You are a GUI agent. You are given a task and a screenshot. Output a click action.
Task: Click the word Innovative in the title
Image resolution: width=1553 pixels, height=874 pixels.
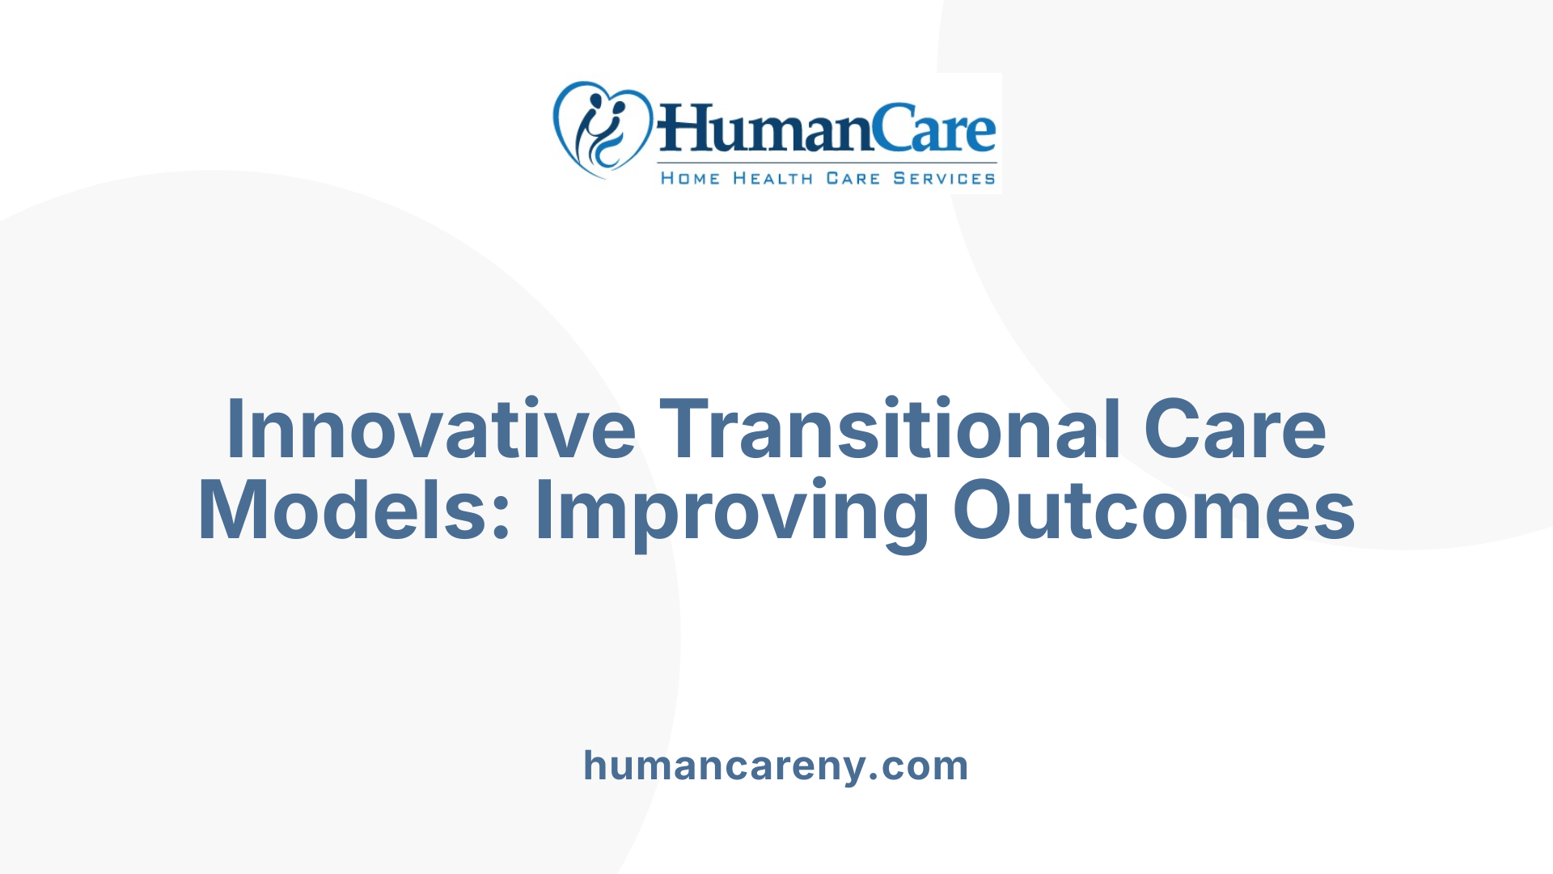pos(431,429)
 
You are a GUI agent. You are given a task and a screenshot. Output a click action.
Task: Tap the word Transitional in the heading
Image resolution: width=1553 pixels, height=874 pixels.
pos(890,429)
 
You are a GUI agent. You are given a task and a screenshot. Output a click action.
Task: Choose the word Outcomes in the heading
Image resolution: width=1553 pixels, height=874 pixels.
pos(1153,511)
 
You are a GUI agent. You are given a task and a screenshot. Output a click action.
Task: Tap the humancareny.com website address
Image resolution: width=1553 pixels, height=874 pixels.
pos(776,766)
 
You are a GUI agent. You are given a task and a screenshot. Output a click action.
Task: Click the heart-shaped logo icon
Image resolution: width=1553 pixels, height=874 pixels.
pos(602,129)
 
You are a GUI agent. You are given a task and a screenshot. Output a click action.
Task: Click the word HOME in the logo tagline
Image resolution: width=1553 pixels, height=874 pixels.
pos(690,178)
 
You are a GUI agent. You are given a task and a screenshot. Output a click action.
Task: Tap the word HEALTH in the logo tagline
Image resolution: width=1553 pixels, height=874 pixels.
pos(772,178)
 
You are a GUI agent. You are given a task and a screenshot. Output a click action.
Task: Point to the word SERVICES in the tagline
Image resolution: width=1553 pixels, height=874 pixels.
pos(944,178)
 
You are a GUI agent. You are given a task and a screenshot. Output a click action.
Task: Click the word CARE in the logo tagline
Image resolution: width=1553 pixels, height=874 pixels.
pos(853,178)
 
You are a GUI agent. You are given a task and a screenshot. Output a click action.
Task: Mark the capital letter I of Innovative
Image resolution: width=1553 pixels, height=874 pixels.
pos(235,429)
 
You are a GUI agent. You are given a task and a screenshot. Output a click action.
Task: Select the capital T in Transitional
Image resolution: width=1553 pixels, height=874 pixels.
pos(688,429)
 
